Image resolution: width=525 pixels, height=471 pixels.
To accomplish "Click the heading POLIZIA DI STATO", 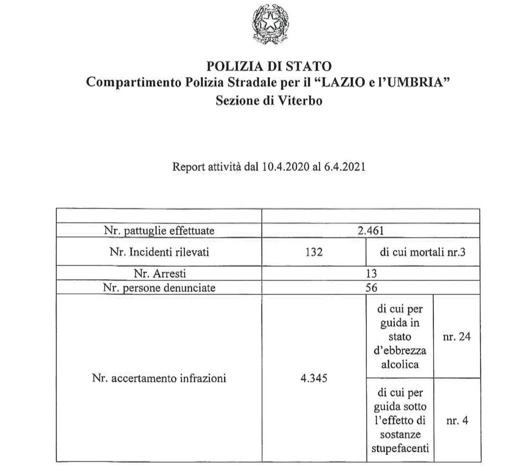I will [268, 66].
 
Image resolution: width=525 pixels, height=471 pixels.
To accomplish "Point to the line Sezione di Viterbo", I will [269, 100].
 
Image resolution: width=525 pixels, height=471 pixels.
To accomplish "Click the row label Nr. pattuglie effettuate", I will [159, 230].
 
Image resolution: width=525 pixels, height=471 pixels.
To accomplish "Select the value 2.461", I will [371, 230].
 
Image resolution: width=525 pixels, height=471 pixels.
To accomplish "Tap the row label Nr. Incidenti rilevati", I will [159, 252].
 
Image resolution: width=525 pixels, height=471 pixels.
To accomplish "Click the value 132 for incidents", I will [314, 252].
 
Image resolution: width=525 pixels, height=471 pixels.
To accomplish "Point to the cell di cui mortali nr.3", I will [422, 252].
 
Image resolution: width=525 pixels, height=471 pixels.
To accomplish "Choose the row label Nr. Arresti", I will [160, 273].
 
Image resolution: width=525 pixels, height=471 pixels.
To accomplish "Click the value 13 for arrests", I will [371, 273].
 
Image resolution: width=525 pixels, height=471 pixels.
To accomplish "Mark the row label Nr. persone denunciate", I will [159, 287].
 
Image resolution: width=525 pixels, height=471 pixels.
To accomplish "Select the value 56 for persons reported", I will [371, 287].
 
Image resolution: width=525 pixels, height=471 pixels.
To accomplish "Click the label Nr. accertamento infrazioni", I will [159, 378].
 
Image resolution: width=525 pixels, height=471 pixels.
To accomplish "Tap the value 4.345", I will [314, 378].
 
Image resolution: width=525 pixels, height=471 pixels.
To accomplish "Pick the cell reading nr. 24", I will [456, 337].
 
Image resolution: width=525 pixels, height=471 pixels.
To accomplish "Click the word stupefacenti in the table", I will [400, 448].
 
